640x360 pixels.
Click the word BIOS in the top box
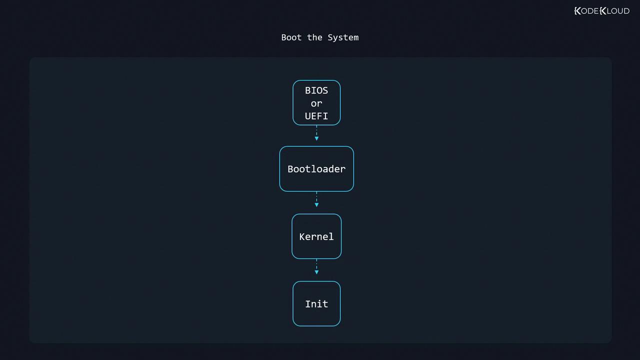click(x=316, y=90)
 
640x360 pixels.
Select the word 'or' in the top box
click(x=316, y=103)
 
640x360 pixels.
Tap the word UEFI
click(x=316, y=116)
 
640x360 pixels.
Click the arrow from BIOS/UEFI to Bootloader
click(x=316, y=133)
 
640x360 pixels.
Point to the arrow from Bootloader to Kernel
click(x=316, y=199)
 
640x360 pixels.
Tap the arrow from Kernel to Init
click(x=316, y=267)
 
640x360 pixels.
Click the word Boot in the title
click(x=291, y=37)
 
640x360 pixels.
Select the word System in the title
click(x=343, y=37)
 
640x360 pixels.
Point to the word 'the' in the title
click(x=314, y=37)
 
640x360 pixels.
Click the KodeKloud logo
click(x=601, y=11)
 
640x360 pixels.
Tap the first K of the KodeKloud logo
click(x=577, y=11)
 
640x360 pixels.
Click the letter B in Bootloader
click(x=290, y=169)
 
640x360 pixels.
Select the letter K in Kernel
click(x=302, y=236)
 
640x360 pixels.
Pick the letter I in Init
click(x=308, y=304)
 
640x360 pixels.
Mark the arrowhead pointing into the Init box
click(x=316, y=272)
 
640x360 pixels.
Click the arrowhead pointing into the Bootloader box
click(x=316, y=138)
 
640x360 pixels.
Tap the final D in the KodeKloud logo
click(x=626, y=11)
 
